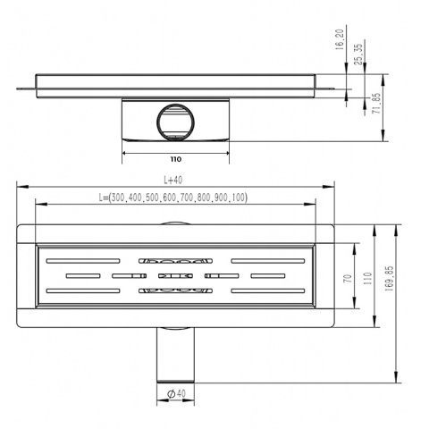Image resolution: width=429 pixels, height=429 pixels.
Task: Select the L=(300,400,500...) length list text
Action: click(x=175, y=198)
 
